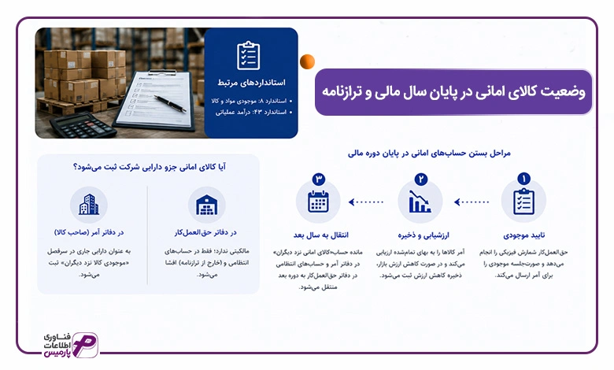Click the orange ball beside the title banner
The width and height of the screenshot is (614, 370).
[x=307, y=62]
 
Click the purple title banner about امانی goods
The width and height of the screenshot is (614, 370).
[x=453, y=92]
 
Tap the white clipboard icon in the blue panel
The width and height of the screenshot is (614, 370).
[x=248, y=56]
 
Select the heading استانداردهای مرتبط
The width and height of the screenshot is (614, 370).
[x=251, y=83]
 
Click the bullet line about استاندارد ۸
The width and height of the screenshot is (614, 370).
[x=249, y=101]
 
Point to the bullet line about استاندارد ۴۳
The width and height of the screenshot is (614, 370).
[x=251, y=113]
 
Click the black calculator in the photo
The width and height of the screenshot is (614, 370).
[x=82, y=125]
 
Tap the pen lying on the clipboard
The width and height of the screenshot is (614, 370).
[x=170, y=104]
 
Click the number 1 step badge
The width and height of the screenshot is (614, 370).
[x=523, y=179]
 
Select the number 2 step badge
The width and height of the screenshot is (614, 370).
[x=421, y=179]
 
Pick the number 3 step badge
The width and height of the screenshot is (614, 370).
[x=319, y=179]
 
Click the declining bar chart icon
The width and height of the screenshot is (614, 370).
[x=420, y=202]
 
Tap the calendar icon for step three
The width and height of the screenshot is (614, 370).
[x=318, y=202]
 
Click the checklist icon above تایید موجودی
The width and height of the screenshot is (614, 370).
[x=523, y=202]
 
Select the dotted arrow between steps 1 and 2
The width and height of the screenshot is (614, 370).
[x=472, y=202]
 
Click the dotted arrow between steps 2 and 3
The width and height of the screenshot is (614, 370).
[x=366, y=202]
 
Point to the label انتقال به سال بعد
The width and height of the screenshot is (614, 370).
[x=320, y=235]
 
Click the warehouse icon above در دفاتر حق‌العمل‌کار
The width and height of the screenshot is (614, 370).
[x=206, y=205]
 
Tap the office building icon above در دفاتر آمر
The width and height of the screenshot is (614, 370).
[x=89, y=205]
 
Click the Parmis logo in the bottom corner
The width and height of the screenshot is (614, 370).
[x=71, y=345]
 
